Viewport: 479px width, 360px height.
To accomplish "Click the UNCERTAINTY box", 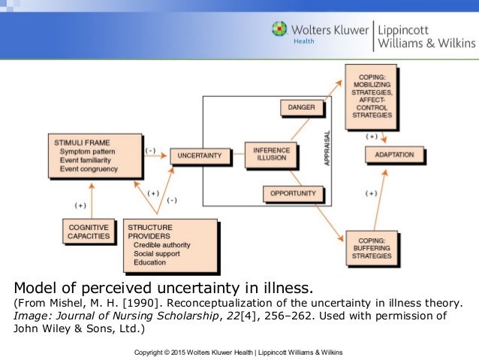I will tap(199, 155).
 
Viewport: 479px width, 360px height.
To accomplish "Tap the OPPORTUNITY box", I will tap(298, 194).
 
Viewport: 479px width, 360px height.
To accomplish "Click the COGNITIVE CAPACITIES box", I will tap(89, 231).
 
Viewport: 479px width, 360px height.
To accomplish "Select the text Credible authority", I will tap(161, 244).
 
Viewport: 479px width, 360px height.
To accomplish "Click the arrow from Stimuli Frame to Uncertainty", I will tap(155, 154).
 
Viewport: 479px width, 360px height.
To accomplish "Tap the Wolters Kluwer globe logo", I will tap(280, 31).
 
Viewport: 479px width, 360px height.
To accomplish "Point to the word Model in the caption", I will tap(35, 286).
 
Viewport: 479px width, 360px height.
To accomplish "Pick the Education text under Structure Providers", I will tap(151, 262).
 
